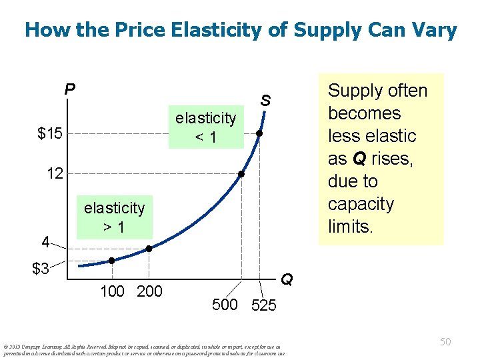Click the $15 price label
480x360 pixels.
click(x=50, y=134)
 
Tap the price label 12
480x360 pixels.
click(x=55, y=175)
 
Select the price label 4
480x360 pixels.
click(x=45, y=240)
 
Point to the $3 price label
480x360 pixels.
click(x=41, y=269)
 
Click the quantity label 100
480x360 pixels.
click(x=111, y=291)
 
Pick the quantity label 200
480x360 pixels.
click(x=149, y=291)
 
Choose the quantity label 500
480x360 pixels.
click(x=225, y=305)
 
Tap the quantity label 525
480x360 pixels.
click(x=263, y=306)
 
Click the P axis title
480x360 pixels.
click(x=69, y=89)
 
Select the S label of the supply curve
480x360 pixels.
click(x=265, y=101)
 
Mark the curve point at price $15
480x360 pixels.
click(x=259, y=134)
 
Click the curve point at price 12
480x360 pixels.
click(x=242, y=175)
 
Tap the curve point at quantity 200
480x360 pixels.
click(x=149, y=249)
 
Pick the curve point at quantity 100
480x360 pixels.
click(x=112, y=261)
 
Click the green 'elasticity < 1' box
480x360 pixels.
click(x=205, y=127)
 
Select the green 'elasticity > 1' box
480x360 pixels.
click(x=114, y=217)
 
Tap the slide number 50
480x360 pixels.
click(x=445, y=341)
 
